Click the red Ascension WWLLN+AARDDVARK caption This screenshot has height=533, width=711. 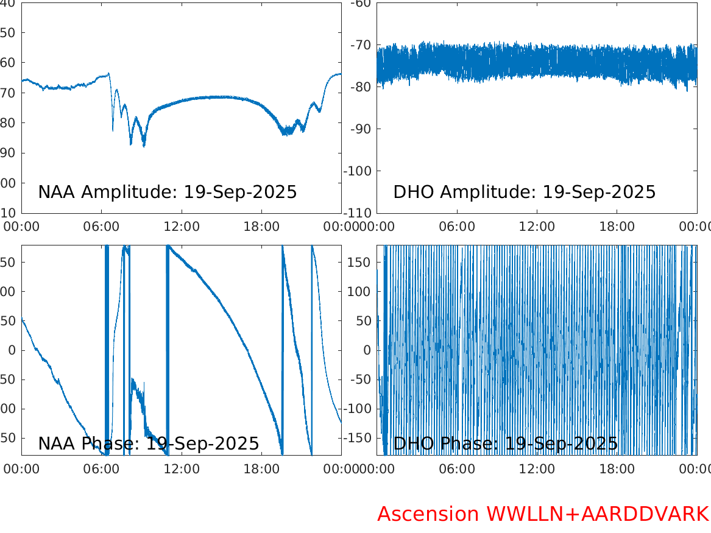[x=543, y=514]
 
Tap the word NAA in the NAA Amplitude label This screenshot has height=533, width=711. [x=57, y=192]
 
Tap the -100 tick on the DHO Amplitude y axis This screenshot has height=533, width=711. [x=359, y=171]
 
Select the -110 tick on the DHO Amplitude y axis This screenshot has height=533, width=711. [x=359, y=213]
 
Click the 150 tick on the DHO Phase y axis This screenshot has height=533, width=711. [x=361, y=262]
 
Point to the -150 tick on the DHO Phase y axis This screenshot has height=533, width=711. [x=358, y=438]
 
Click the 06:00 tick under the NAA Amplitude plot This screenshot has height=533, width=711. [x=101, y=227]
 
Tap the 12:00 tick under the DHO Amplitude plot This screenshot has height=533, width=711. [x=537, y=227]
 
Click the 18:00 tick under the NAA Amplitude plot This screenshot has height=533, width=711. [x=261, y=227]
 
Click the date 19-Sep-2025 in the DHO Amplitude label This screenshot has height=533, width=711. [x=599, y=192]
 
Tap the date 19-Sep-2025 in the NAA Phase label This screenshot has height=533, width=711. [x=203, y=444]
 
